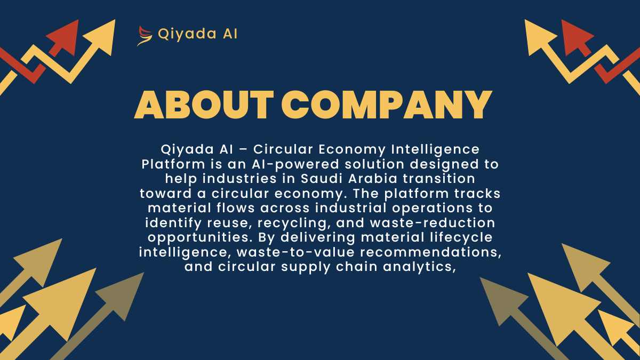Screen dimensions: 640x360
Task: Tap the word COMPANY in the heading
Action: [387, 105]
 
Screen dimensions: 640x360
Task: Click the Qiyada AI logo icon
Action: [145, 36]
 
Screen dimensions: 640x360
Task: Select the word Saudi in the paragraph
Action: [322, 179]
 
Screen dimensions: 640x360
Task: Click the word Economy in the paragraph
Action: [351, 150]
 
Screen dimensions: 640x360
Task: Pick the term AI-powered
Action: [295, 164]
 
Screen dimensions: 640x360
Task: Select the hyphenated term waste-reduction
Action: [433, 223]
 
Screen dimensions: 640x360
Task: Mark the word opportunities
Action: [200, 238]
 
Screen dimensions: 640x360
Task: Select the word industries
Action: [239, 179]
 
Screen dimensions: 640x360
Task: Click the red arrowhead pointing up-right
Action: [65, 37]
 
